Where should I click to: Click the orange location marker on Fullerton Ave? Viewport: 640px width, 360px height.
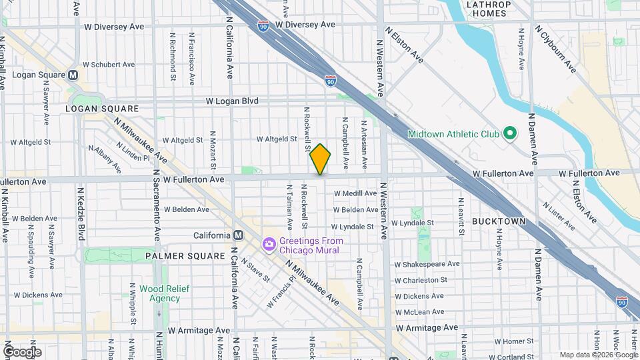click(320, 159)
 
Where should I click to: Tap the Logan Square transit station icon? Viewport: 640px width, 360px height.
click(73, 75)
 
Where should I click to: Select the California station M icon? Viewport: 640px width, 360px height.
click(237, 235)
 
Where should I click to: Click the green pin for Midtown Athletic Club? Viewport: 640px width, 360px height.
click(509, 134)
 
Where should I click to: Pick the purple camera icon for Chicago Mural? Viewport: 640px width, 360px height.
click(269, 245)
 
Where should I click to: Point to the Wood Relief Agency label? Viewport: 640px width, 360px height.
click(164, 293)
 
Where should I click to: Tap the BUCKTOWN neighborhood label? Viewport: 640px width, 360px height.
click(499, 221)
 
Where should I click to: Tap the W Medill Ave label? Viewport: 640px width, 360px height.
click(355, 193)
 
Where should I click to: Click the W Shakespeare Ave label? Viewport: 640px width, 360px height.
click(427, 264)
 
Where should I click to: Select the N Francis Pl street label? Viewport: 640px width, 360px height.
click(281, 295)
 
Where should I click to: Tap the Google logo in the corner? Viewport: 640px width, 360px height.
click(22, 352)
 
